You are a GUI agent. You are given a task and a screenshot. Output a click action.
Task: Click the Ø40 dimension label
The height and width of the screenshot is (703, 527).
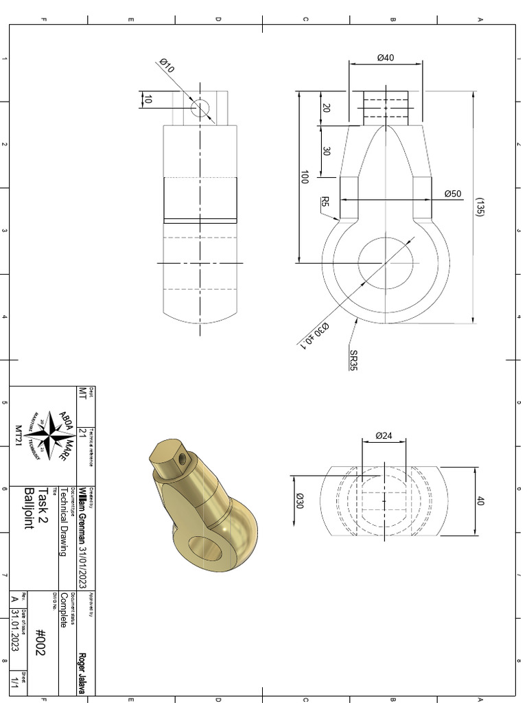tap(385, 58)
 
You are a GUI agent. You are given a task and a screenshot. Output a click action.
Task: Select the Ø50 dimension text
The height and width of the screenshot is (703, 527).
tap(452, 194)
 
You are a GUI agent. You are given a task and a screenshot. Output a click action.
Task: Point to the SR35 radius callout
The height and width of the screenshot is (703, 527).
tap(353, 360)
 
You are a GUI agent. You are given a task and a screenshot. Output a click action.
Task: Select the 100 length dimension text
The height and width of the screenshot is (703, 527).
tap(305, 177)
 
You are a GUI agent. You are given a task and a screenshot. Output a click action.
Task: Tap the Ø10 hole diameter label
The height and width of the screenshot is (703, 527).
tap(167, 66)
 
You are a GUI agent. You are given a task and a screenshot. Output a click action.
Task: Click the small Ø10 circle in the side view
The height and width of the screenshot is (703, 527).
tap(200, 108)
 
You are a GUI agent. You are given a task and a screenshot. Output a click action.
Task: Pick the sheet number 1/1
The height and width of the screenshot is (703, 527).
tap(14, 684)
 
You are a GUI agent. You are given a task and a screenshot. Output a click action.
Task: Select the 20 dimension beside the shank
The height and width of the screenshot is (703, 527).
tap(326, 108)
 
